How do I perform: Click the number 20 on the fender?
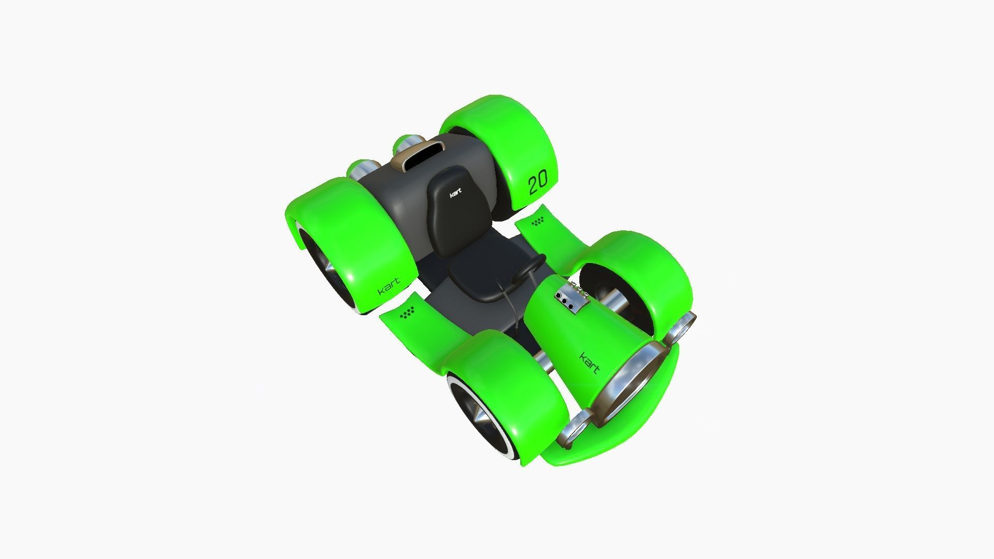coord(537,183)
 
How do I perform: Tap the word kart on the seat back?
coord(456,193)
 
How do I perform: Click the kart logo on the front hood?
coord(589,362)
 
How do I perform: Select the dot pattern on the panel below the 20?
coord(538,222)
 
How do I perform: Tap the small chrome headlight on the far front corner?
coord(682,328)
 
